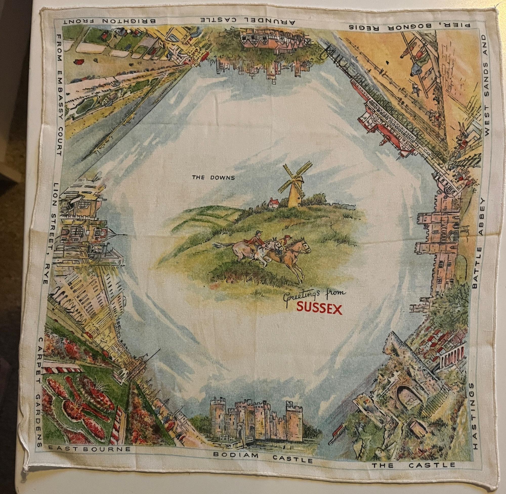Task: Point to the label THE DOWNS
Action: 213,178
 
